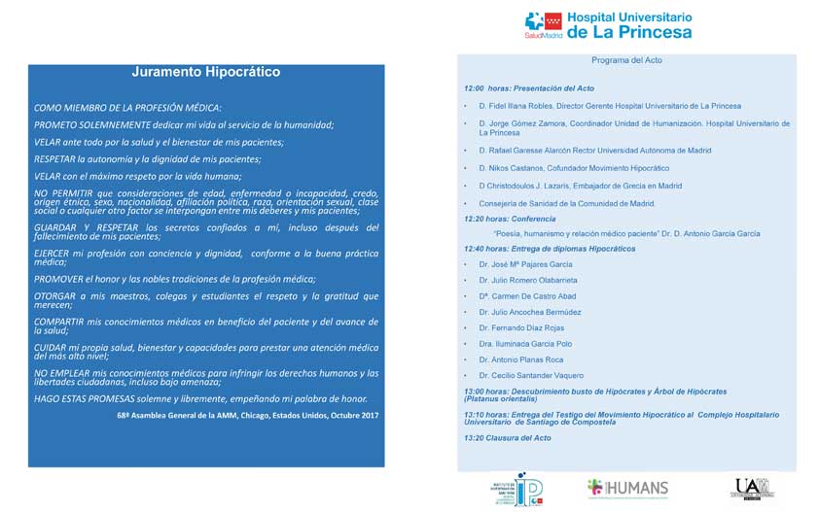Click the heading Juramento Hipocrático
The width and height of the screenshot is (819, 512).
[x=206, y=72]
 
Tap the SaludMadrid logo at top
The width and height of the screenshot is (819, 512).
[x=544, y=25]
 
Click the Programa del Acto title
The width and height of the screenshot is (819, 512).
[x=626, y=60]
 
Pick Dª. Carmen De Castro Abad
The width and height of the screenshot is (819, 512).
[x=527, y=296]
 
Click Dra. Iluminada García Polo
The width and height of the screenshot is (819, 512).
[x=525, y=343]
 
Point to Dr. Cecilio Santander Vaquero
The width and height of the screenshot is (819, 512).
[x=531, y=375]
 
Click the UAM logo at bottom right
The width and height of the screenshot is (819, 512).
[x=754, y=488]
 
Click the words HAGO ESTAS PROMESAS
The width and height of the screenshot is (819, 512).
[x=83, y=398]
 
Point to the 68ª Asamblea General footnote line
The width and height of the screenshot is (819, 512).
[x=247, y=415]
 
